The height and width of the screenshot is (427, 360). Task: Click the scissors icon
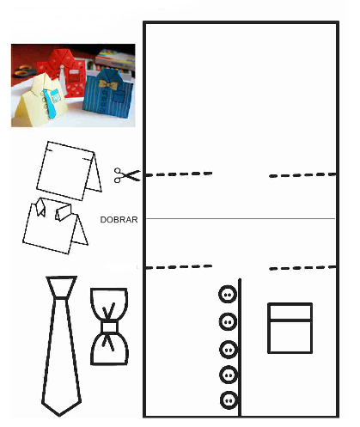(x=127, y=175)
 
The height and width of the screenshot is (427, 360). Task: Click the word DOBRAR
(x=119, y=220)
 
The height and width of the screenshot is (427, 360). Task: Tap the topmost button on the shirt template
(x=228, y=294)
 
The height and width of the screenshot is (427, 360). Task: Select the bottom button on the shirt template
(x=229, y=400)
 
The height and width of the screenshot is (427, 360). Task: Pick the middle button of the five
(x=229, y=350)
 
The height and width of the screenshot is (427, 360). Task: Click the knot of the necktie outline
(x=61, y=287)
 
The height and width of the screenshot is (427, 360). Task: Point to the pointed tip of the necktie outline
(x=59, y=415)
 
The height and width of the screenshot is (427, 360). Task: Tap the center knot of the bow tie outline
(x=109, y=326)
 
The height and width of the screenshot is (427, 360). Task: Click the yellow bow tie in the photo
(x=108, y=84)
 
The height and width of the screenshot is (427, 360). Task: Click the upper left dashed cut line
(x=179, y=174)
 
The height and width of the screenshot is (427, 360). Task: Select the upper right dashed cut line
(x=302, y=175)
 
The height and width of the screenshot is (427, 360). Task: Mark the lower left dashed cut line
(x=179, y=267)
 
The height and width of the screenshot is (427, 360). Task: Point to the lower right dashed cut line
(x=302, y=268)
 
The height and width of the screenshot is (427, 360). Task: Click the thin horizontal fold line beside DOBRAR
(x=241, y=218)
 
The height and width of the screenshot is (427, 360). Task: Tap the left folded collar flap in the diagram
(x=40, y=207)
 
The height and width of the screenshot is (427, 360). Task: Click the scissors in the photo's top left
(x=24, y=70)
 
